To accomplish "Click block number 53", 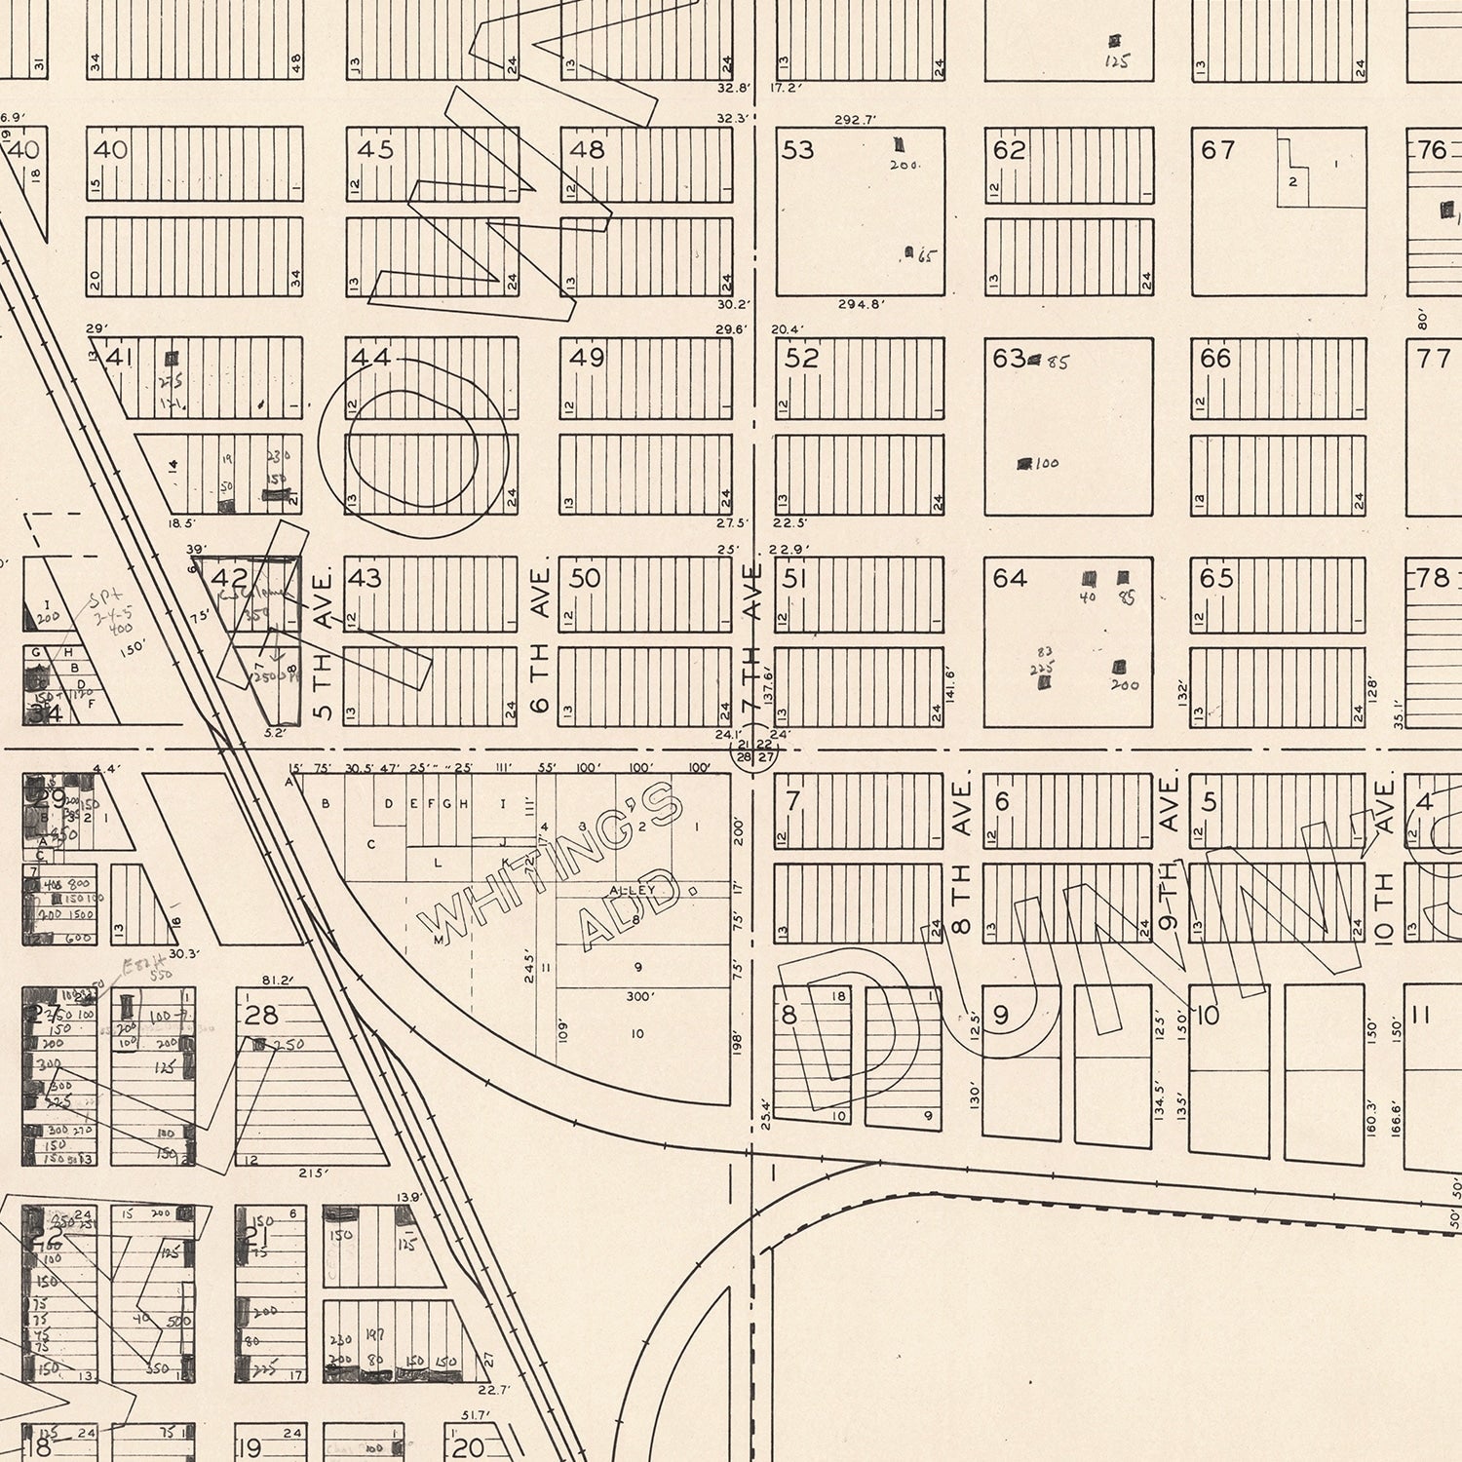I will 798,150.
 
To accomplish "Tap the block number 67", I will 1218,150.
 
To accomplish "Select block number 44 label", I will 371,358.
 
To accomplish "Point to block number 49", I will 587,358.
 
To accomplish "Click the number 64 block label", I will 1010,578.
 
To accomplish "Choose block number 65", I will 1216,578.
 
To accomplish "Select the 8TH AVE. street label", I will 962,858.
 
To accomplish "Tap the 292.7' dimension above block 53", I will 856,120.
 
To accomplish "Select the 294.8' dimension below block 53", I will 859,304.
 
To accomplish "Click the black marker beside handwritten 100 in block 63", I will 1025,464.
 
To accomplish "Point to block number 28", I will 261,1015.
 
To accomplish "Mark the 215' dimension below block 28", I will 313,1173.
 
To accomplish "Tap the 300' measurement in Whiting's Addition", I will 639,997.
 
